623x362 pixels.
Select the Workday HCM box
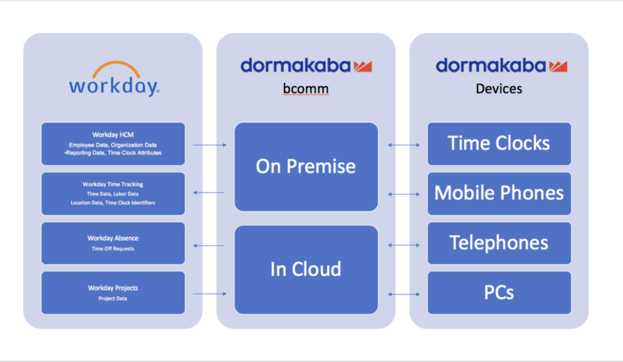pyautogui.click(x=113, y=144)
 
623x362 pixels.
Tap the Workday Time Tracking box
pyautogui.click(x=113, y=194)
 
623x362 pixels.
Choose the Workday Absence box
pyautogui.click(x=113, y=243)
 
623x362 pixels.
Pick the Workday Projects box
pyautogui.click(x=113, y=293)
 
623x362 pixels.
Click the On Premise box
pyautogui.click(x=306, y=167)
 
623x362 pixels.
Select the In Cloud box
pyautogui.click(x=306, y=269)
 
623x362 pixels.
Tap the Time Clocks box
pyautogui.click(x=499, y=144)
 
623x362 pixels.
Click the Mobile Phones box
pyautogui.click(x=499, y=194)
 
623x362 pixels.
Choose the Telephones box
pyautogui.click(x=499, y=243)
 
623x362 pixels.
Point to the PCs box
pyautogui.click(x=499, y=293)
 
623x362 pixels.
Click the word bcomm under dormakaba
pyautogui.click(x=306, y=89)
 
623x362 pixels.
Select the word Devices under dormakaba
pyautogui.click(x=499, y=89)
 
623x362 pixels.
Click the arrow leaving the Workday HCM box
pyautogui.click(x=210, y=145)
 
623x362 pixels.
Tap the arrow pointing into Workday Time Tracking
pyautogui.click(x=209, y=193)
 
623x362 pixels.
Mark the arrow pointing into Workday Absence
pyautogui.click(x=209, y=245)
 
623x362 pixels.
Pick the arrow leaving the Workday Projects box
pyautogui.click(x=210, y=293)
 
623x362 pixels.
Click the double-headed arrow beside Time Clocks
pyautogui.click(x=404, y=145)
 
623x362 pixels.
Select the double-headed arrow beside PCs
pyautogui.click(x=404, y=294)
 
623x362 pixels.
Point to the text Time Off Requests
pyautogui.click(x=113, y=249)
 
